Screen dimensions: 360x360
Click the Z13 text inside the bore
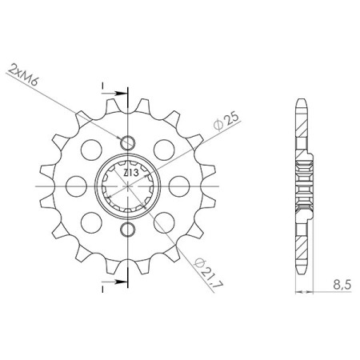(129, 173)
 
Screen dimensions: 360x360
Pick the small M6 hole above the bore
(126, 142)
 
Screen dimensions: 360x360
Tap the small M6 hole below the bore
(126, 231)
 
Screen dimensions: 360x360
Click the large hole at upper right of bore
(161, 149)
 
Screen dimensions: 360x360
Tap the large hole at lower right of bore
(161, 224)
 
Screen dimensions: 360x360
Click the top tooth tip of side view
(302, 101)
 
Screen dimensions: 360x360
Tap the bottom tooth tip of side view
(302, 272)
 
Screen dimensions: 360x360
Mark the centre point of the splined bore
(126, 186)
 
